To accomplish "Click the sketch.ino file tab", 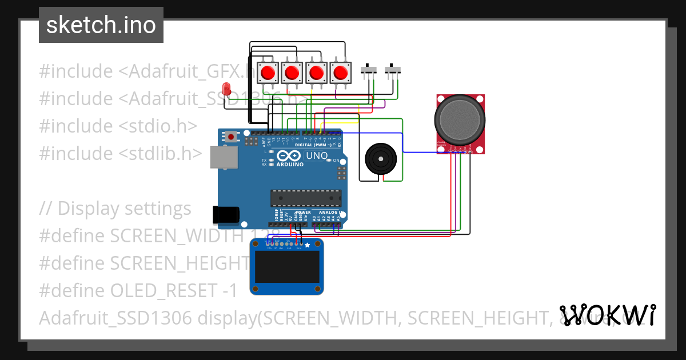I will coord(101,25).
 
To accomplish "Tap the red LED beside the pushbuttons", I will coord(226,89).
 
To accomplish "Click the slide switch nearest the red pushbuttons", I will coord(369,70).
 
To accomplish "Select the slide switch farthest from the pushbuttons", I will coord(393,70).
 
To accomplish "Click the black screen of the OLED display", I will coord(287,267).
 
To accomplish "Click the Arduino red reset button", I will coord(231,137).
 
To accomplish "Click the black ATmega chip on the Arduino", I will coord(306,198).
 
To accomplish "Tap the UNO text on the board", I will coord(317,155).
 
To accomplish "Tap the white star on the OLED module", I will coord(307,245).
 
